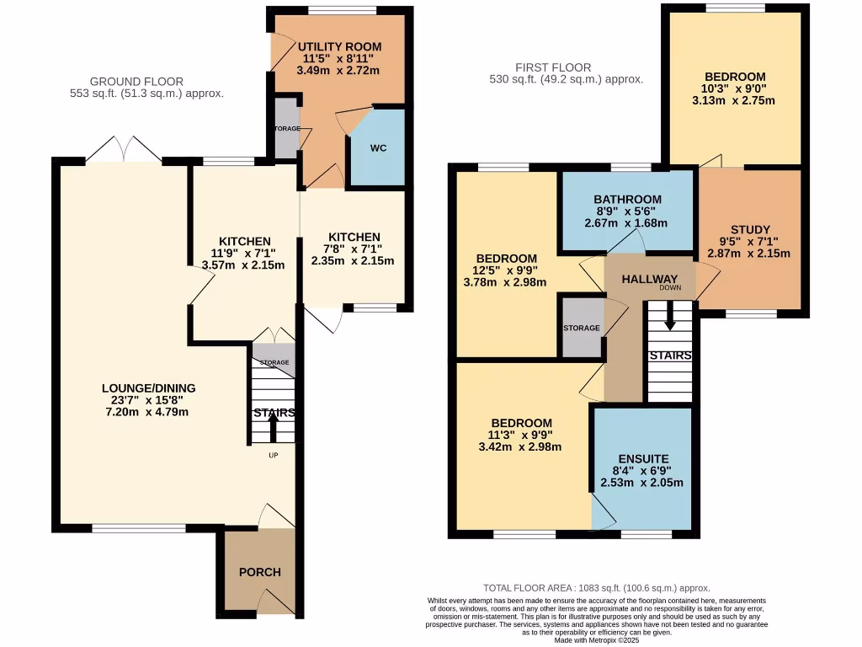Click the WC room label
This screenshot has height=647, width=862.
(x=379, y=148)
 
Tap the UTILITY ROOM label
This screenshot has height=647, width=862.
(x=340, y=46)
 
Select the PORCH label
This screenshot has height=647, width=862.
(x=258, y=572)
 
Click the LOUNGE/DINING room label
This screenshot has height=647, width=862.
(x=148, y=388)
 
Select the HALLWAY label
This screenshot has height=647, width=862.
(x=649, y=280)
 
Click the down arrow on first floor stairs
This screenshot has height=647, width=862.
(x=669, y=319)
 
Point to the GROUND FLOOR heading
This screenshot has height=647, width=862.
(x=136, y=82)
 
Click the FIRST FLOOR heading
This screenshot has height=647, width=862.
(x=554, y=67)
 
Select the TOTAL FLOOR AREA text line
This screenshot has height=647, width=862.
(x=596, y=588)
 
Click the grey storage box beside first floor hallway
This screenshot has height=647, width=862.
(x=582, y=327)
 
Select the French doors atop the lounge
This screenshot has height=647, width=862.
(x=123, y=152)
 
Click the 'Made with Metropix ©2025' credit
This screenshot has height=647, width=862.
(x=595, y=640)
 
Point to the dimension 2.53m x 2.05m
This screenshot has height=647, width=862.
(x=641, y=483)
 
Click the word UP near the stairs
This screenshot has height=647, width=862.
(x=274, y=456)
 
